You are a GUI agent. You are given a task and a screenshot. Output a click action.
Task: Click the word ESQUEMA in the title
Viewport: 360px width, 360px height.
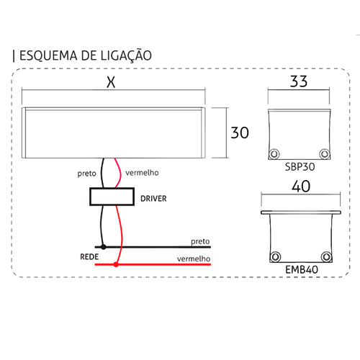48,55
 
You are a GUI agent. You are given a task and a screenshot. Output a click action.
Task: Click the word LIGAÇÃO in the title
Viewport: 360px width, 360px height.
126,55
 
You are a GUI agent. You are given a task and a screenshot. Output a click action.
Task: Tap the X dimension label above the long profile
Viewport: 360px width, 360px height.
111,82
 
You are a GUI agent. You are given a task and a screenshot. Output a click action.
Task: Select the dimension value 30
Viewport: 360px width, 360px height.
240,132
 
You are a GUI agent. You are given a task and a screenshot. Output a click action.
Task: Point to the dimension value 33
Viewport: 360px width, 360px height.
299,81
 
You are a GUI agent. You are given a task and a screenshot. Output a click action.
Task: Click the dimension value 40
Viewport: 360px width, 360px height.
301,186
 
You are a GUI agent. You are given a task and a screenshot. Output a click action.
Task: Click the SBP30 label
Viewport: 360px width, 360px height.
300,167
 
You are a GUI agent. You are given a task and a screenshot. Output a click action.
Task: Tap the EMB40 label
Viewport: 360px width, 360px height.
302,270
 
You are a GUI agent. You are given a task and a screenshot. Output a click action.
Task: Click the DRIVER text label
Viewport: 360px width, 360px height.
153,199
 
